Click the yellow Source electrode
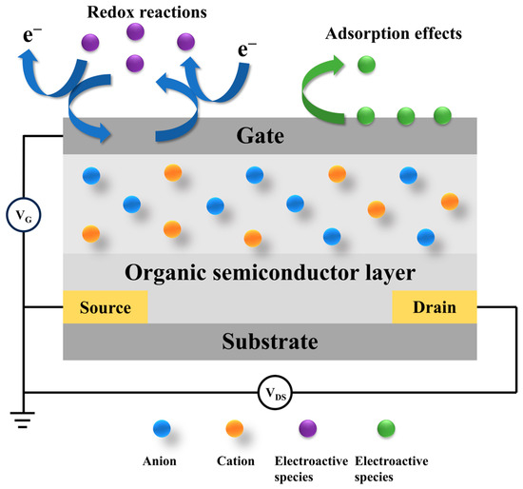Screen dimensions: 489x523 [105, 307]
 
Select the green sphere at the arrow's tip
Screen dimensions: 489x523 [365, 67]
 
